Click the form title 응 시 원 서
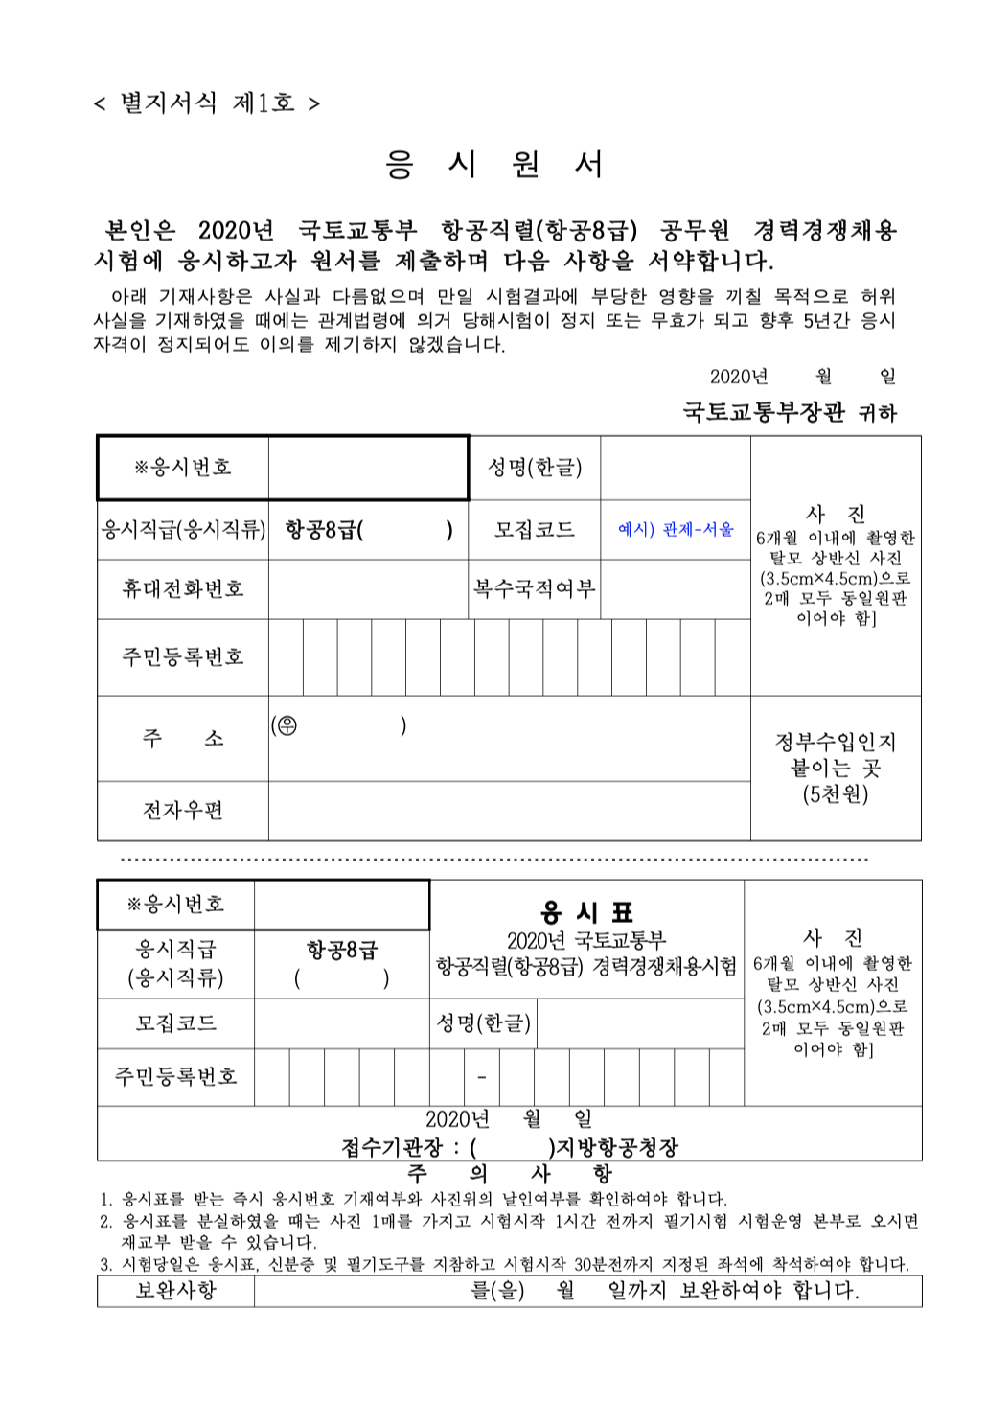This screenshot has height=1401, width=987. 493,165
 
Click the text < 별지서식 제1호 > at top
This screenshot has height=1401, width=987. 206,103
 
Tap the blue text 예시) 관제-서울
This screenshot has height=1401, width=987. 676,529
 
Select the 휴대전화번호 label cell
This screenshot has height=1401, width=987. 182,588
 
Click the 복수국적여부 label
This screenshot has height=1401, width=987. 534,588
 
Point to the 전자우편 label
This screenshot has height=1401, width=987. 182,811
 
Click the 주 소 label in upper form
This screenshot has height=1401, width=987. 182,738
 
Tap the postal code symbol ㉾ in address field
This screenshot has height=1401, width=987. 285,726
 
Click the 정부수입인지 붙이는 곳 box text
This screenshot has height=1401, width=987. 835,768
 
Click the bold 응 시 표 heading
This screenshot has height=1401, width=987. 586,911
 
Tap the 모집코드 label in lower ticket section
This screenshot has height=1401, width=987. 175,1023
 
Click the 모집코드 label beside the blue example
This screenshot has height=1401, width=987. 534,529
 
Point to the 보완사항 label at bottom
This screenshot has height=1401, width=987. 175,1291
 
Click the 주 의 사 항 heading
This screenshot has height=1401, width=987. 509,1173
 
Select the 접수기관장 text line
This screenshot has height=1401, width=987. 509,1147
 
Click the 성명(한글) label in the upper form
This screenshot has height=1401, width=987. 534,468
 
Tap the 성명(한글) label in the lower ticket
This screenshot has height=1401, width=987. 483,1023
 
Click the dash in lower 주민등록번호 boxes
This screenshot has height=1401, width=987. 481,1078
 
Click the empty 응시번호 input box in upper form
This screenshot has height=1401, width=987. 368,468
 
